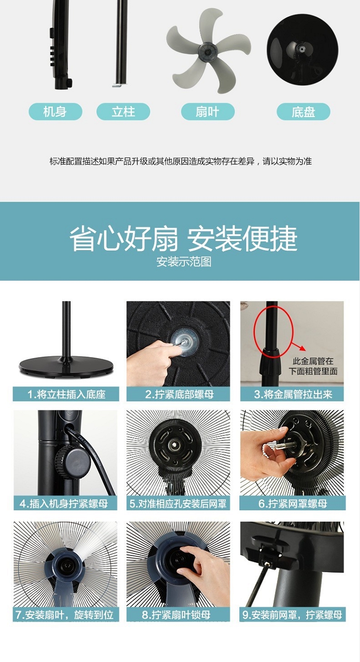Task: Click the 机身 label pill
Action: (55, 111)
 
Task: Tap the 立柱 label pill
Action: (123, 111)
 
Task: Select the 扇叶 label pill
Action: (207, 111)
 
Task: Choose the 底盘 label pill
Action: (303, 111)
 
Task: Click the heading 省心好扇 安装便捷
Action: (183, 239)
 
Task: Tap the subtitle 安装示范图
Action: (183, 262)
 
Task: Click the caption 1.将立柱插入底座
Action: (66, 394)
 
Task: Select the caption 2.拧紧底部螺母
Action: (179, 394)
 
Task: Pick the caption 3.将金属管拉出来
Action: (293, 394)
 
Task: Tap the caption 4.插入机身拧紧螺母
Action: (64, 504)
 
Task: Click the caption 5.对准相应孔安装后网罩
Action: (178, 504)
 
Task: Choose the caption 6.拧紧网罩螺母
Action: (293, 504)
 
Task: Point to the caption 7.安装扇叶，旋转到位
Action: (65, 615)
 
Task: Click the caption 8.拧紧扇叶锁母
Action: (176, 615)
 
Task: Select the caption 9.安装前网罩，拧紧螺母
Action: (292, 615)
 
